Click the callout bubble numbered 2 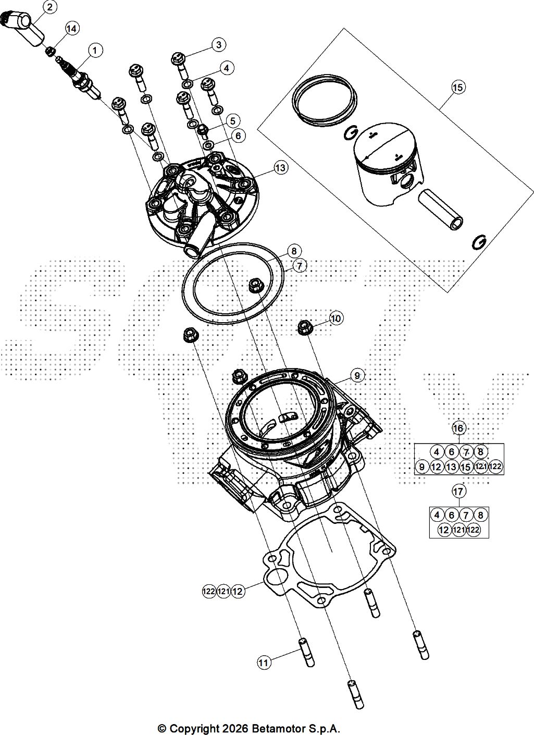pyautogui.click(x=49, y=7)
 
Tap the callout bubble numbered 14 pyautogui.click(x=71, y=28)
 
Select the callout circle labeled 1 pyautogui.click(x=95, y=50)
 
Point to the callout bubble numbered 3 pyautogui.click(x=219, y=44)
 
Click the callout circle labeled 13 pyautogui.click(x=280, y=167)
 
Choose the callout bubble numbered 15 pyautogui.click(x=457, y=87)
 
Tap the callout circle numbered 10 pyautogui.click(x=336, y=318)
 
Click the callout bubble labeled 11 pyautogui.click(x=264, y=663)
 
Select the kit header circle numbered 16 pyautogui.click(x=458, y=428)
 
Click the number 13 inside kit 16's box pyautogui.click(x=452, y=467)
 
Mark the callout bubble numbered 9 pyautogui.click(x=357, y=374)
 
